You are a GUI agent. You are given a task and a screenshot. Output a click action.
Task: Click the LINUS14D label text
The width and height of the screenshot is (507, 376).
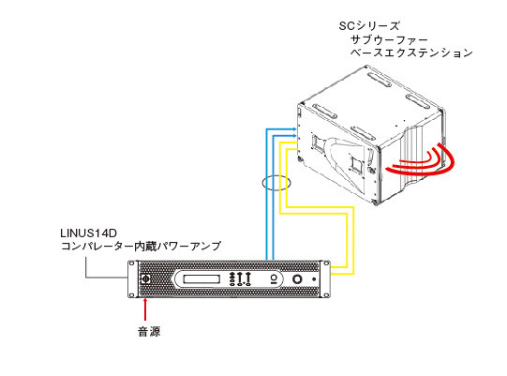pyautogui.click(x=88, y=233)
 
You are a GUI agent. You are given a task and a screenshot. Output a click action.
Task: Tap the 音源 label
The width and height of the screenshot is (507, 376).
pyautogui.click(x=149, y=332)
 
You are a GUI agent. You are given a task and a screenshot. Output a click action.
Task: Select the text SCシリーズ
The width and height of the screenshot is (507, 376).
pyautogui.click(x=369, y=26)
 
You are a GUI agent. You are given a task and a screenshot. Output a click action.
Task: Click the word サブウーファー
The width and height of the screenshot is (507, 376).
pyautogui.click(x=389, y=39)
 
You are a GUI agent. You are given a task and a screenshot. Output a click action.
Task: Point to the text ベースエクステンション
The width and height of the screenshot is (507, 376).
pyautogui.click(x=411, y=53)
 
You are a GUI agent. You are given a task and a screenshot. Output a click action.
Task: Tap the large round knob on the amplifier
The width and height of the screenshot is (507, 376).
pyautogui.click(x=297, y=278)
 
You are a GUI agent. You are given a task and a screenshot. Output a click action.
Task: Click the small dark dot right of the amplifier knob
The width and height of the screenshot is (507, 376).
pyautogui.click(x=314, y=278)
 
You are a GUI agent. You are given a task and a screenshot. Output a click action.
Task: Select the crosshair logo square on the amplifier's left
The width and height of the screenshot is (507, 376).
pyautogui.click(x=146, y=278)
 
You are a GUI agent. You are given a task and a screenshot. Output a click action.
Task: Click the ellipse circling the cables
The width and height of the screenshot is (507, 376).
pyautogui.click(x=276, y=183)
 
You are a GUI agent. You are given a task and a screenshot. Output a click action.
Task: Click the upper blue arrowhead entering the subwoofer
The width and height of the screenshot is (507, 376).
pyautogui.click(x=294, y=129)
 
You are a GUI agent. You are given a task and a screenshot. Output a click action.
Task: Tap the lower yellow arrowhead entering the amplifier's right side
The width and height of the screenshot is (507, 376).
pyautogui.click(x=334, y=274)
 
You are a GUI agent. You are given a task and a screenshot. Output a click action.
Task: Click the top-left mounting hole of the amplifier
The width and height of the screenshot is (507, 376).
pyautogui.click(x=131, y=263)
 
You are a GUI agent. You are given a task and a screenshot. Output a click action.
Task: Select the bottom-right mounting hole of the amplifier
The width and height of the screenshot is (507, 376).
pyautogui.click(x=326, y=294)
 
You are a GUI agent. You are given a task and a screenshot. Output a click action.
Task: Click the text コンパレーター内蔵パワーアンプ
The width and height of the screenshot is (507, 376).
pyautogui.click(x=141, y=247)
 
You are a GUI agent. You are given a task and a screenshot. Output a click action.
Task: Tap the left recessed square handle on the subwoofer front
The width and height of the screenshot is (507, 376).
pyautogui.click(x=318, y=143)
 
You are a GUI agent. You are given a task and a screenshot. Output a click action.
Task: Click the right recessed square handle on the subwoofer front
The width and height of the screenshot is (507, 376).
pyautogui.click(x=356, y=164)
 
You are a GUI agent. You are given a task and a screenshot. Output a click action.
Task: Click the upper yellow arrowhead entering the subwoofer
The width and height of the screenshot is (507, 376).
pyautogui.click(x=294, y=143)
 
